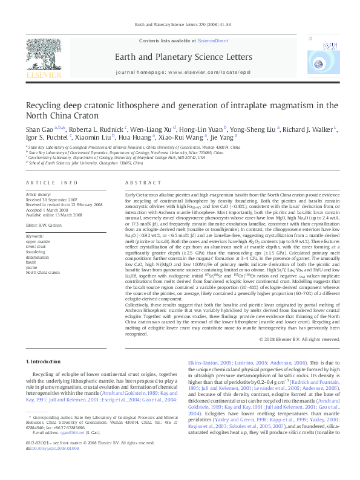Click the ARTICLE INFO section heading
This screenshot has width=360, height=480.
51,182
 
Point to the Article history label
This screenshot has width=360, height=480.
38,195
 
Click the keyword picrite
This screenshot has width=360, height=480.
31,265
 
